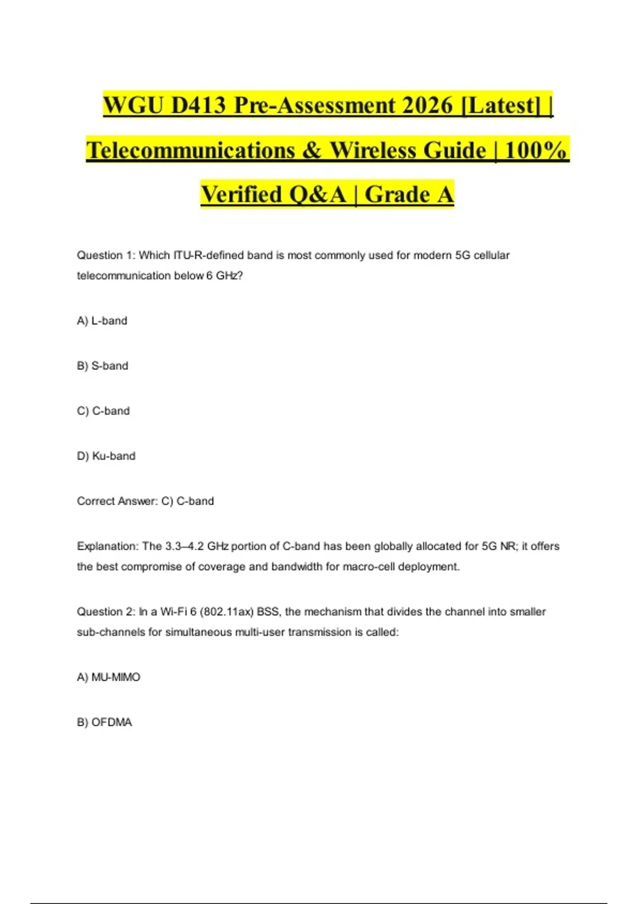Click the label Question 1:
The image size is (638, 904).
106,255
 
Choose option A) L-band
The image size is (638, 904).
102,321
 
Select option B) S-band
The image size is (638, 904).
103,366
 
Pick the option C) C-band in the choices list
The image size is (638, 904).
103,411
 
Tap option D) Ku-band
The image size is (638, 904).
106,456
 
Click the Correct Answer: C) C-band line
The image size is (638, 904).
145,501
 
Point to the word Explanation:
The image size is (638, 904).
108,546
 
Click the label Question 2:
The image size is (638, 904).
106,612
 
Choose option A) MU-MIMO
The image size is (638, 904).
108,677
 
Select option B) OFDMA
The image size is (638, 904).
104,722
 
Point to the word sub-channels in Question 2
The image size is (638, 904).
111,632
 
